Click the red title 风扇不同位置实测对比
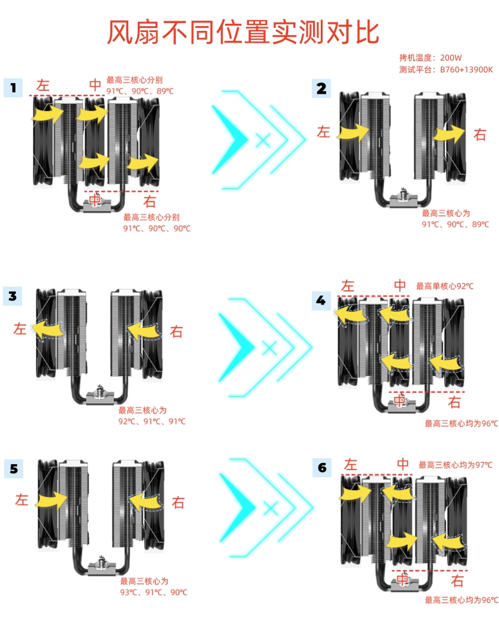(243, 32)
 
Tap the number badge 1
(13, 87)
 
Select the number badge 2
(321, 88)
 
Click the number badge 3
(12, 296)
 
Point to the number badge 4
(321, 301)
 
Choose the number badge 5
(14, 468)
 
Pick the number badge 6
(323, 467)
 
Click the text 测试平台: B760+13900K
(446, 69)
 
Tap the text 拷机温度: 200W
(430, 58)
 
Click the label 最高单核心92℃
(444, 285)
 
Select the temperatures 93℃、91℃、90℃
(153, 592)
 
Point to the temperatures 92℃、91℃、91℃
(151, 421)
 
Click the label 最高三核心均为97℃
(455, 465)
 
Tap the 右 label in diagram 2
(480, 135)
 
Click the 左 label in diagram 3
(20, 329)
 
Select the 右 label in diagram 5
(178, 503)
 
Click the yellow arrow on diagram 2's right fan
(449, 134)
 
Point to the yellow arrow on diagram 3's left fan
(48, 329)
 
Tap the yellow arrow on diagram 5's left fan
(51, 500)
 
